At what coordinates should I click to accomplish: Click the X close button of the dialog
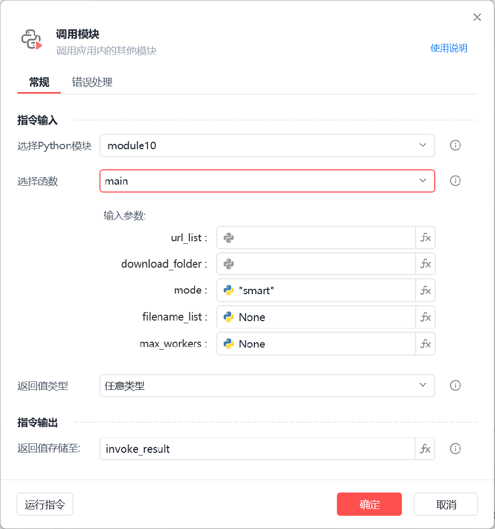pos(477,17)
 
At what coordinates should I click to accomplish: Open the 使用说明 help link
pos(448,48)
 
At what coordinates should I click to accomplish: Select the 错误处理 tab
pos(92,82)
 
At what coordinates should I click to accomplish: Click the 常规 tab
pos(39,82)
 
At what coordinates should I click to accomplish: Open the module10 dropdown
pos(267,145)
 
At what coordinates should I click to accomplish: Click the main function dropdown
pos(267,181)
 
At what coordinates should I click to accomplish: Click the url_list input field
pos(316,238)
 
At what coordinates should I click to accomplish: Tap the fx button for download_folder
pos(426,264)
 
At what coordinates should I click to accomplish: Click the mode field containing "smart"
pos(316,290)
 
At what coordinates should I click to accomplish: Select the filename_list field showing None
pos(316,317)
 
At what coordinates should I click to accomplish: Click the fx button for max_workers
pos(426,344)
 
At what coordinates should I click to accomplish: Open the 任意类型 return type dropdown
pos(267,385)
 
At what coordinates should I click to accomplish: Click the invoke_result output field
pos(257,449)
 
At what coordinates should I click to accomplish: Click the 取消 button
pos(446,504)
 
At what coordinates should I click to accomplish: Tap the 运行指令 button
pos(45,504)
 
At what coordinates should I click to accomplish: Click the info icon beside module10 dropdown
pos(455,145)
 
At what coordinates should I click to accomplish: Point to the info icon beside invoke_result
pos(455,449)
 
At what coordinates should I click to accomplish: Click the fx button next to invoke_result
pos(425,449)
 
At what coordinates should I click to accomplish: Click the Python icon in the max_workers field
pos(228,344)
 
